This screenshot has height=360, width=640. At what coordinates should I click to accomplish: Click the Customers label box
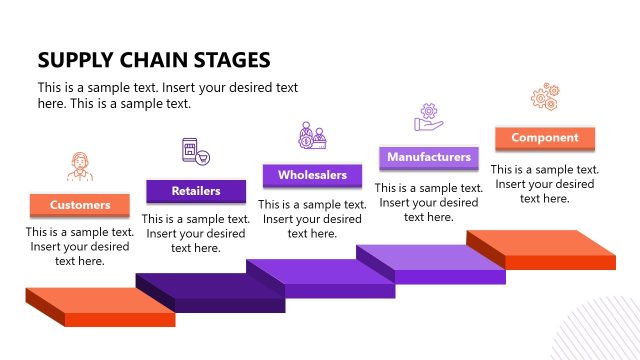pos(80,205)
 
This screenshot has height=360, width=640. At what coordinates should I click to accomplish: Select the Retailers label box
pos(196,190)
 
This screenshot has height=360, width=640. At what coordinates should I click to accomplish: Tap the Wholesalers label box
pos(312,175)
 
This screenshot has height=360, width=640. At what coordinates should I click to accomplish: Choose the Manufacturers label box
pos(428,157)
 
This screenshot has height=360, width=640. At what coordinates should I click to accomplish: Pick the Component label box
pos(544,138)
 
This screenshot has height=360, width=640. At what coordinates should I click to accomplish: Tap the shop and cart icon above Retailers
pos(195,151)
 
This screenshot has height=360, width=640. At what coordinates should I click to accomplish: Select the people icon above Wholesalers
pos(312,136)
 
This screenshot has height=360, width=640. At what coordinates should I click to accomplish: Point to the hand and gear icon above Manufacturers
pos(429,118)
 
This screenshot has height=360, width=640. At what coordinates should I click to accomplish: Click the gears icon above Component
pos(544,98)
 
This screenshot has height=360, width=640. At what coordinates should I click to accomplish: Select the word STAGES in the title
pos(234,59)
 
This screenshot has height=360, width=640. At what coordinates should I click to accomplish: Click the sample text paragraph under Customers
pos(80,247)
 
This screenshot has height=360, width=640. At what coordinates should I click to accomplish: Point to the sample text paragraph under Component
pos(544,184)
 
